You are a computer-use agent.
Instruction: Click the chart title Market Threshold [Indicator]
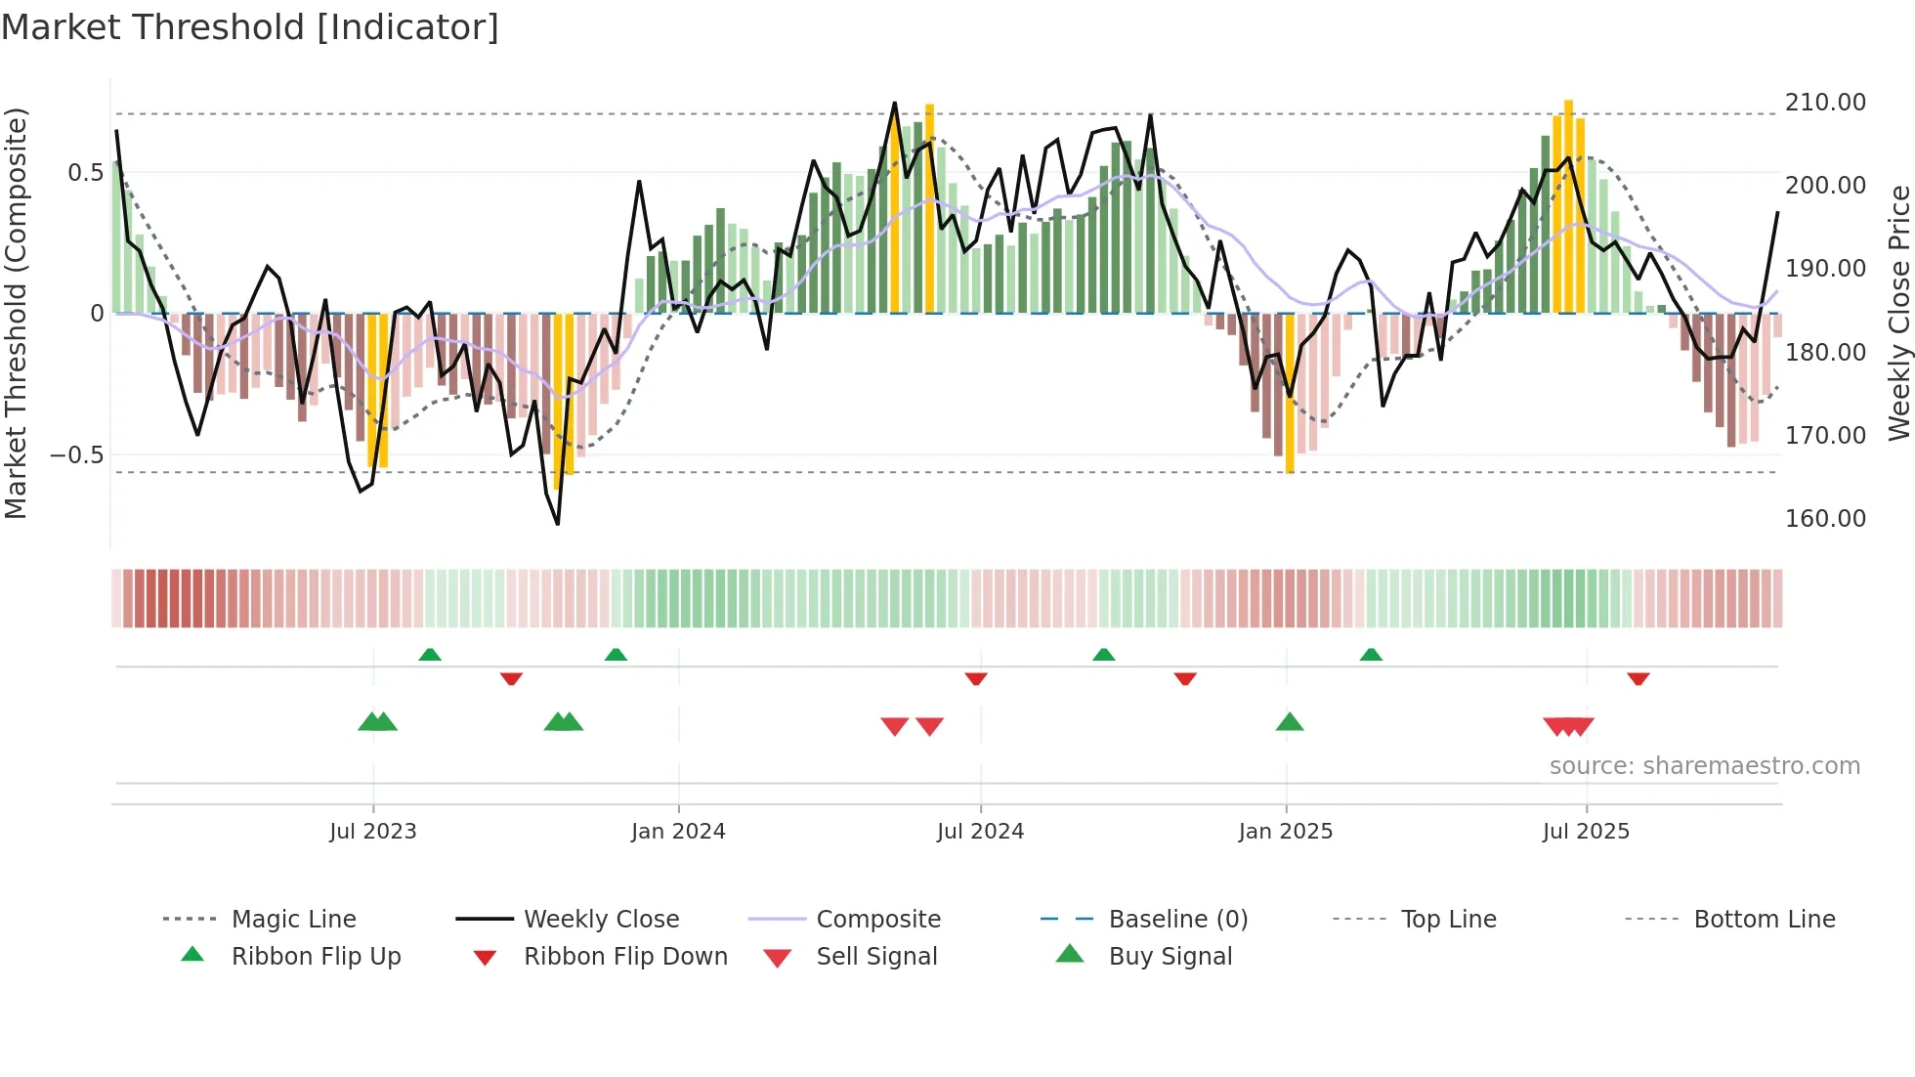click(x=250, y=27)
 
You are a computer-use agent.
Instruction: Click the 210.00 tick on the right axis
click(x=1825, y=103)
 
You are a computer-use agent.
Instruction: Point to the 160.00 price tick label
click(x=1825, y=519)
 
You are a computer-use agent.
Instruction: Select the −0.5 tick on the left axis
click(x=76, y=455)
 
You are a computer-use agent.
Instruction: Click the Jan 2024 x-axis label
click(x=678, y=832)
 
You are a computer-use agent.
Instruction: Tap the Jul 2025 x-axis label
click(x=1586, y=832)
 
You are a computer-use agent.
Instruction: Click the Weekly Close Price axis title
click(x=1898, y=313)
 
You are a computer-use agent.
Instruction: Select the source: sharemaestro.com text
click(x=1704, y=766)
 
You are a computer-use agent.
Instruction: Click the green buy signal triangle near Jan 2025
click(x=1290, y=722)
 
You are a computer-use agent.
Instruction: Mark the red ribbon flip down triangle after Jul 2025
click(x=1638, y=678)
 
